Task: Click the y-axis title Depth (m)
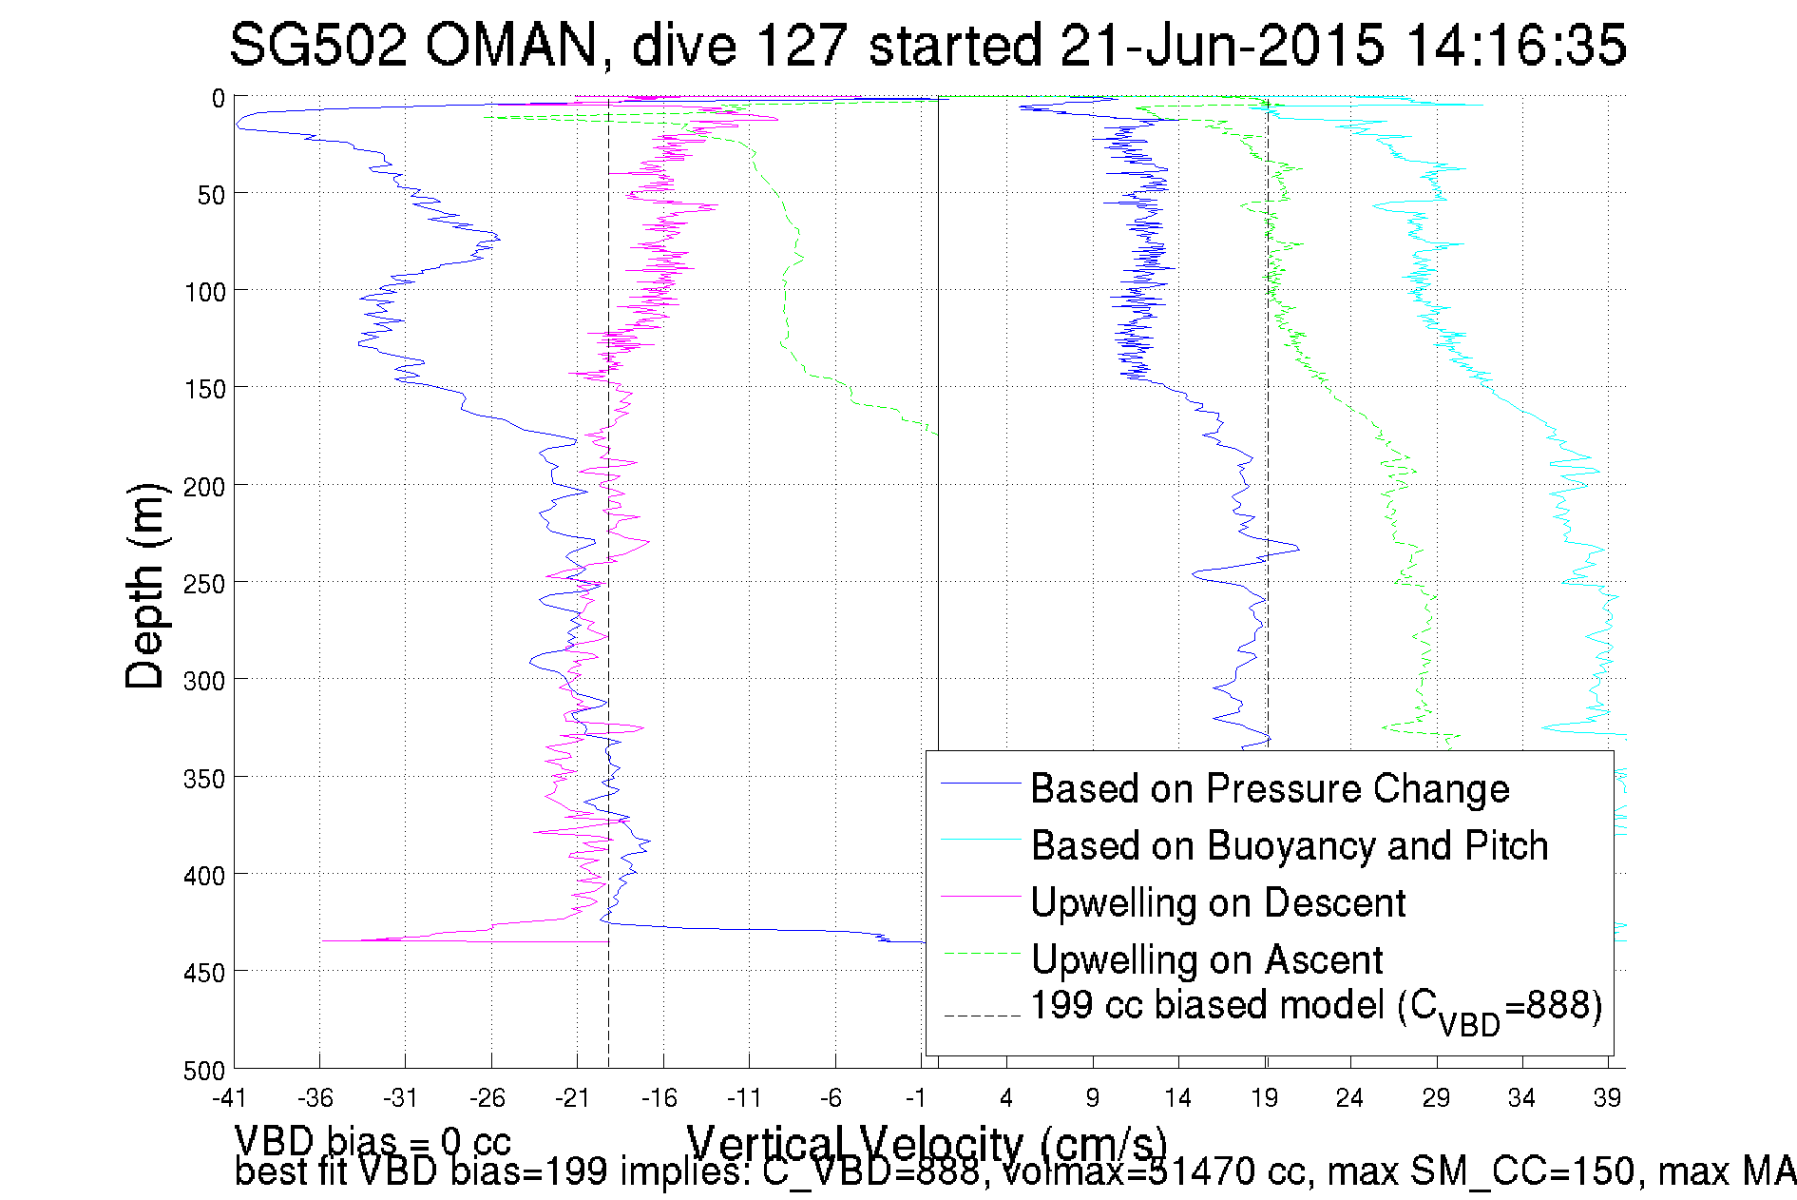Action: (x=145, y=586)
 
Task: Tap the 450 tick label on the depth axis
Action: (x=204, y=973)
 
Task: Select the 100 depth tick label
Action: (x=204, y=292)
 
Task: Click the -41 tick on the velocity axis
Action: (x=229, y=1098)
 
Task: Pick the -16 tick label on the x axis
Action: (x=659, y=1098)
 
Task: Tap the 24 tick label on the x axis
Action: (x=1349, y=1098)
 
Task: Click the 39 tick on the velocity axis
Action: (x=1607, y=1098)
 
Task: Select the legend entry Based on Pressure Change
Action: (x=1270, y=788)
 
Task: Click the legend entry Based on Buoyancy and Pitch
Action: (x=1290, y=845)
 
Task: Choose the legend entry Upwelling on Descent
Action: (x=1217, y=902)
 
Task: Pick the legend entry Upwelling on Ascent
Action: (x=1207, y=959)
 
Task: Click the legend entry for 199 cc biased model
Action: (x=1316, y=1007)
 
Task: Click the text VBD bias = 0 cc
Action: (x=373, y=1140)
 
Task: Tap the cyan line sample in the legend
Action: (x=980, y=840)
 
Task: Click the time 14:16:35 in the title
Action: (x=1516, y=45)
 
